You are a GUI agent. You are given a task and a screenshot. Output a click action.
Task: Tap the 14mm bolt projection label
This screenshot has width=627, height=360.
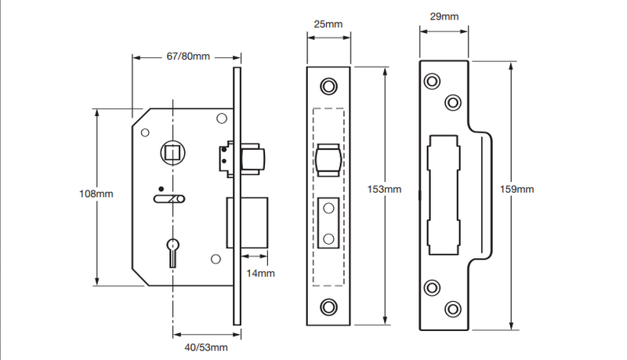(260, 273)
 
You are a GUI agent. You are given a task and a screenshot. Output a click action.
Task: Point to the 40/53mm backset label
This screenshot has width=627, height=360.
(206, 346)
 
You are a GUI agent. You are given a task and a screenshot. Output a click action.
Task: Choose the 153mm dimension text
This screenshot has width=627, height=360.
(385, 189)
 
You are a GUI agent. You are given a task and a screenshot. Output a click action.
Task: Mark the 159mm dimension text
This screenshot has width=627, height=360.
(518, 189)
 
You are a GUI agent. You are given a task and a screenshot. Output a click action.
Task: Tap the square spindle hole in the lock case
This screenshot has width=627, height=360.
(171, 151)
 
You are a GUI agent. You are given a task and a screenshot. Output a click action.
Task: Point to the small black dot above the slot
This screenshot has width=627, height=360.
(161, 189)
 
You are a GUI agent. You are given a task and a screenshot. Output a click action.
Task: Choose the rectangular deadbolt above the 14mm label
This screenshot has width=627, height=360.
(249, 223)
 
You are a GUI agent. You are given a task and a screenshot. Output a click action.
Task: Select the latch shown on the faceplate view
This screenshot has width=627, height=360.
(328, 162)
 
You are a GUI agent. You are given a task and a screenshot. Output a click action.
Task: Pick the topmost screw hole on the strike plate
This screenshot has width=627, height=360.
(432, 82)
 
